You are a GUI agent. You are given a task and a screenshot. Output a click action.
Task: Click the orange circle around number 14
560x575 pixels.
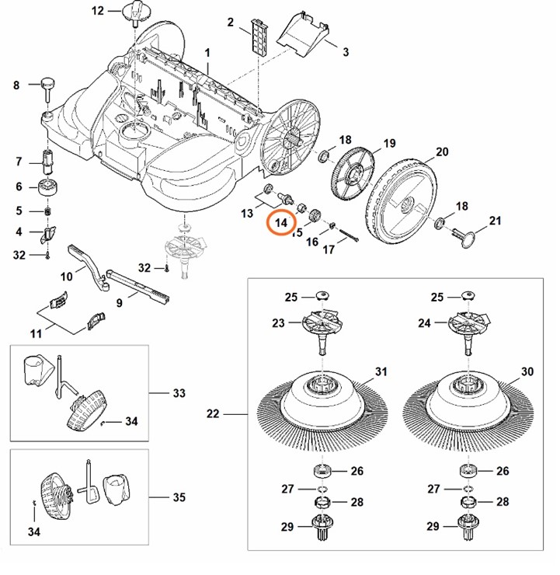pos(281,223)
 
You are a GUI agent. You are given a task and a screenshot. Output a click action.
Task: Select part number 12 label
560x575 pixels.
pos(98,10)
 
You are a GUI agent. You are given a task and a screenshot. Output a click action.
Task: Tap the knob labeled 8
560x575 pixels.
pos(47,82)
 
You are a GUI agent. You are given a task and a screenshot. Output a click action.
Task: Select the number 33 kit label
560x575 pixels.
pos(179,393)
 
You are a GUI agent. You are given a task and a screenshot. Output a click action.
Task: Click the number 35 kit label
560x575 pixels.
pos(179,497)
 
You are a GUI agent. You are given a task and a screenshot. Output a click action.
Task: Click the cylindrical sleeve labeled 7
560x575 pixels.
pos(48,162)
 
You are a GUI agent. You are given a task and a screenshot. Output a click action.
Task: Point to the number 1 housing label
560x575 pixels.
pos(207,51)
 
